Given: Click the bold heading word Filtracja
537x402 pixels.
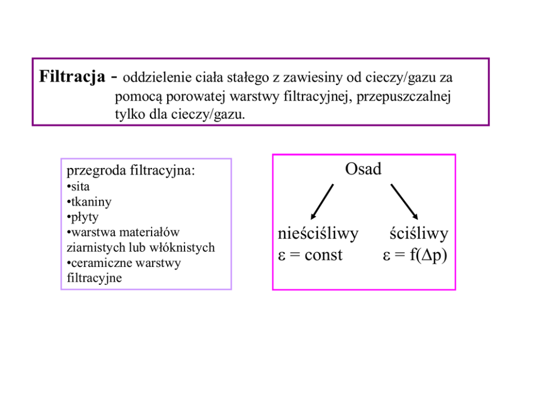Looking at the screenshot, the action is click(73, 77).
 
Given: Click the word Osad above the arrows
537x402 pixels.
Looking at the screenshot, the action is click(363, 169).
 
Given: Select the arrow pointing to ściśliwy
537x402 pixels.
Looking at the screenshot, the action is click(404, 201).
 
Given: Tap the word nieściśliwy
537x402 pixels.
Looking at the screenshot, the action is click(318, 234).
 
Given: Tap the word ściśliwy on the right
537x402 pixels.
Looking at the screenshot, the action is click(419, 234).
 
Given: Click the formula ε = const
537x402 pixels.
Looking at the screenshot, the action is click(310, 255).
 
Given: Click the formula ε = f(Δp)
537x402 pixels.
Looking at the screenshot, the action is click(415, 255).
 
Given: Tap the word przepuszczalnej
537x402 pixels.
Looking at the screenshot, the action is click(404, 97).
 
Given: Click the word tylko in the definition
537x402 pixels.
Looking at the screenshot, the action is click(127, 115).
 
